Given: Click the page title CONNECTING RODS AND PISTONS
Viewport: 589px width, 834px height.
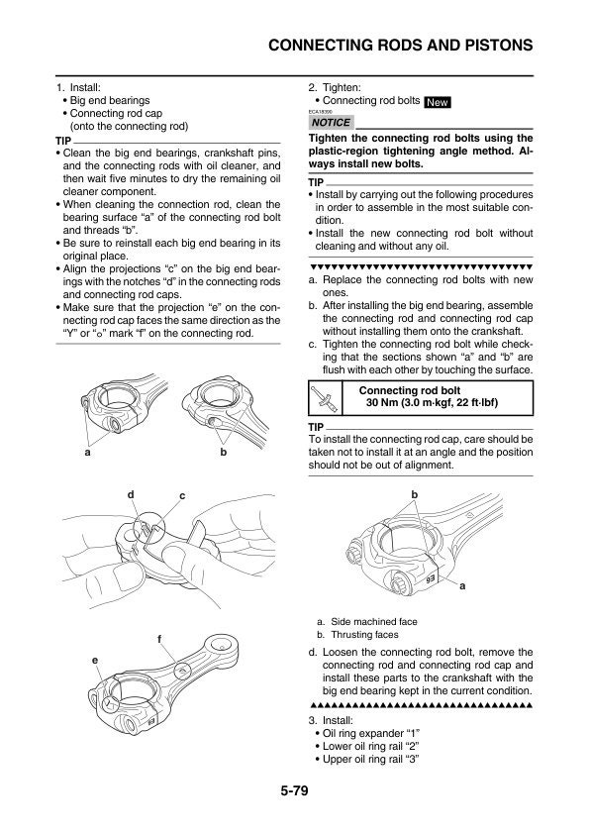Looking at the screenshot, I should pyautogui.click(x=402, y=46).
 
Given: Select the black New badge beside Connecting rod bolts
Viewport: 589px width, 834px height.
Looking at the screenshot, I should pyautogui.click(x=438, y=102).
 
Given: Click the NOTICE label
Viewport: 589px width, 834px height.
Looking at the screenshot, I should pyautogui.click(x=331, y=123).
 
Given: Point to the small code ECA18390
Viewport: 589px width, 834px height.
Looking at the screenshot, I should pyautogui.click(x=324, y=112).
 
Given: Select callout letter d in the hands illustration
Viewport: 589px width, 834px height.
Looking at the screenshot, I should pyautogui.click(x=130, y=492).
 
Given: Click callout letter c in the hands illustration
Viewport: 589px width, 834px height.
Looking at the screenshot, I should pyautogui.click(x=182, y=494).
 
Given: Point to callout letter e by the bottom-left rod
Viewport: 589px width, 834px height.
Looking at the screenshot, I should pyautogui.click(x=95, y=659).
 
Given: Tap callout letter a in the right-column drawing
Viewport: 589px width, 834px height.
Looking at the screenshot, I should pyautogui.click(x=461, y=585).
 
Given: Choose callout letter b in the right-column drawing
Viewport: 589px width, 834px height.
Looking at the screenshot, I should pyautogui.click(x=415, y=493).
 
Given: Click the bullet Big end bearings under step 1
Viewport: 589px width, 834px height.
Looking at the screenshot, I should pyautogui.click(x=109, y=100).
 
